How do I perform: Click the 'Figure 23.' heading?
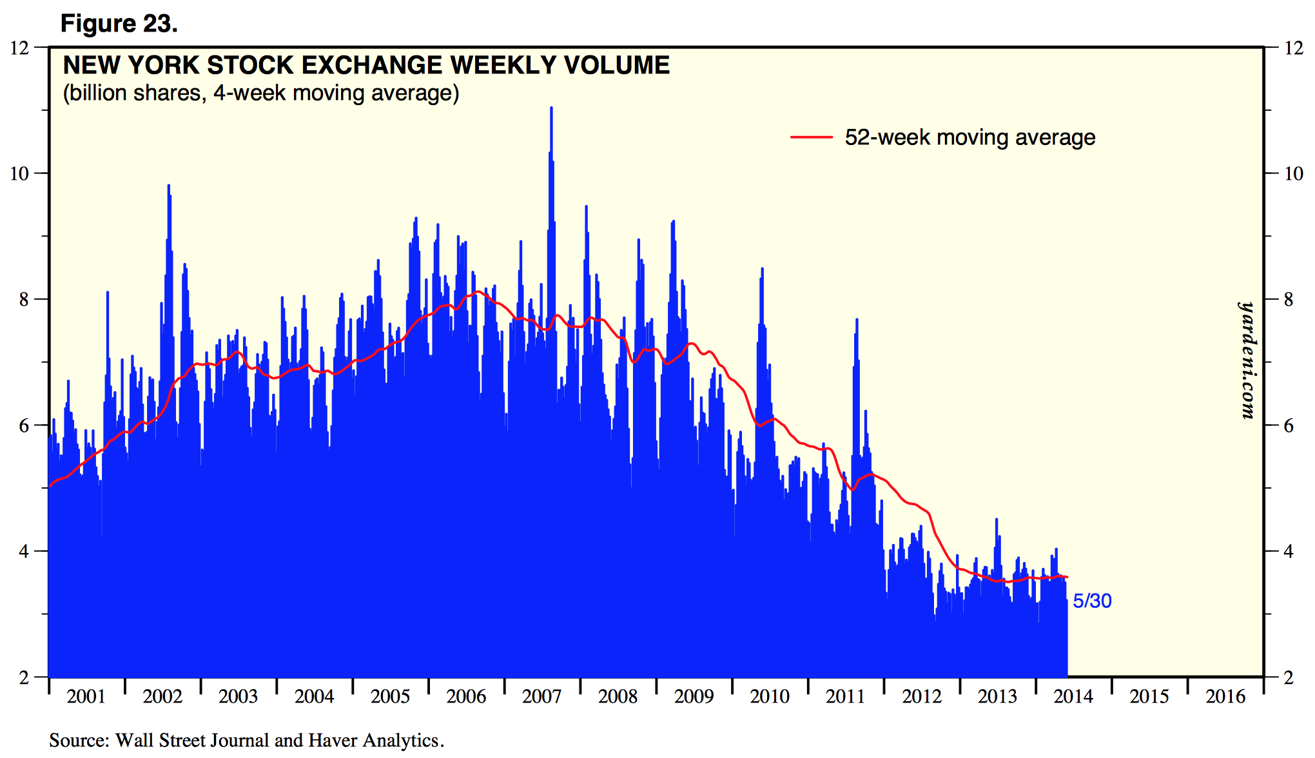(x=119, y=24)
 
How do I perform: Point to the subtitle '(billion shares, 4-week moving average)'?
(x=260, y=93)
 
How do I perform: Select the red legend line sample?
(x=811, y=137)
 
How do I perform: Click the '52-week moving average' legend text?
(x=969, y=137)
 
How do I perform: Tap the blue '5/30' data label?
(x=1092, y=601)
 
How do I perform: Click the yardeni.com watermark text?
(x=1247, y=361)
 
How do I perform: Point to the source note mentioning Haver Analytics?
(x=246, y=740)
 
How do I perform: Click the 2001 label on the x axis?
(x=86, y=697)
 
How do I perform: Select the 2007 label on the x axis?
(x=542, y=697)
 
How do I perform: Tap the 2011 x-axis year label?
(x=846, y=697)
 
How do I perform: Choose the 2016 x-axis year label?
(x=1225, y=697)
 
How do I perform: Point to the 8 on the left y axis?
(x=24, y=300)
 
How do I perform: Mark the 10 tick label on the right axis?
(x=1293, y=173)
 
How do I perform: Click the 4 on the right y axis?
(x=1289, y=552)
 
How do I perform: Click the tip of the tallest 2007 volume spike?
(x=551, y=108)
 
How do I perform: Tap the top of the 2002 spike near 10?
(x=168, y=186)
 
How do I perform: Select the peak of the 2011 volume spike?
(x=857, y=320)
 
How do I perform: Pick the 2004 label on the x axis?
(x=314, y=697)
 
